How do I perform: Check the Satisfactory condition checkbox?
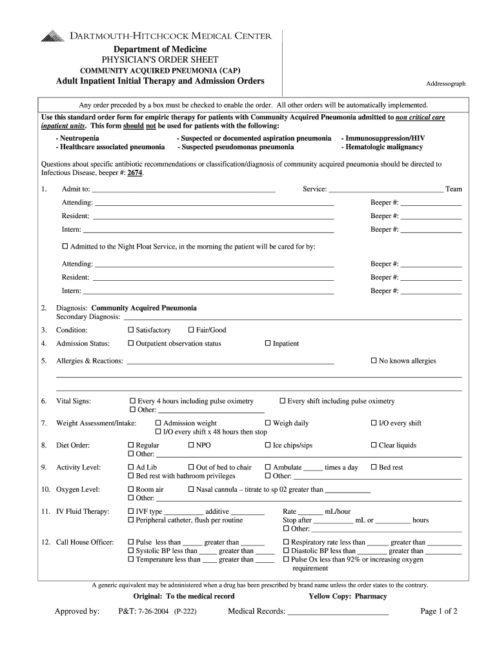[131, 330]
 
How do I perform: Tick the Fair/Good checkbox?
[191, 330]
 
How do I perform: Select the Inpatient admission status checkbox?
[268, 343]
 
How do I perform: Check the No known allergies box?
[373, 361]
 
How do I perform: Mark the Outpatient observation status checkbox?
[131, 343]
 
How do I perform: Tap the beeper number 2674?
[134, 173]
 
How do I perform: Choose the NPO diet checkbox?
[191, 445]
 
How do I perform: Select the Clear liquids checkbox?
[373, 445]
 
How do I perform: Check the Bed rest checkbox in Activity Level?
[373, 467]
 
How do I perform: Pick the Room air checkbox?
[131, 489]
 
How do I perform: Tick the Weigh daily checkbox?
[268, 423]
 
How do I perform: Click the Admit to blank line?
[183, 191]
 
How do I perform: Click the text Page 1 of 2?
[438, 611]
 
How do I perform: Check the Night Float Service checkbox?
[65, 247]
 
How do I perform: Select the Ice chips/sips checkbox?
[268, 445]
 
